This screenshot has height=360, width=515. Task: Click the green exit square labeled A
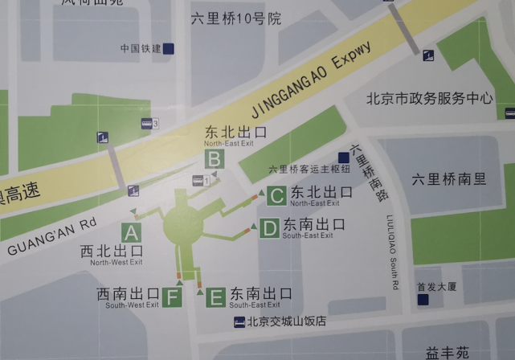click(131, 233)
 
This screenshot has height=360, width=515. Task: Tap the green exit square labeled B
click(214, 159)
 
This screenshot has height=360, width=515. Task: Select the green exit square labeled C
click(276, 194)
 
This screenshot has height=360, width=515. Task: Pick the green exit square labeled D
click(269, 229)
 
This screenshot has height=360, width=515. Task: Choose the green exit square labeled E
click(215, 298)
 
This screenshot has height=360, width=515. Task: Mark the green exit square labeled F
click(172, 298)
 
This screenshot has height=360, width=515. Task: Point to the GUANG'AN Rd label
click(51, 238)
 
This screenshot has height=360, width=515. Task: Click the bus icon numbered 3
click(149, 123)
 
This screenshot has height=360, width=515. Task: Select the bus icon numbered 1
click(201, 181)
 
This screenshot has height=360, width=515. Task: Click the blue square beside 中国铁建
click(169, 48)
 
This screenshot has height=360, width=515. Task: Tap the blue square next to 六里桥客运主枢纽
click(344, 157)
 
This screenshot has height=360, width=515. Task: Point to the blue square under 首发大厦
click(423, 300)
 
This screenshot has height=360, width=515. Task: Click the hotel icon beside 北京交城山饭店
click(239, 322)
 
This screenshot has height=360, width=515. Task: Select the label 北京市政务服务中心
click(429, 99)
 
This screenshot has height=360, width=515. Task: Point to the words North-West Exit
click(116, 262)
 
